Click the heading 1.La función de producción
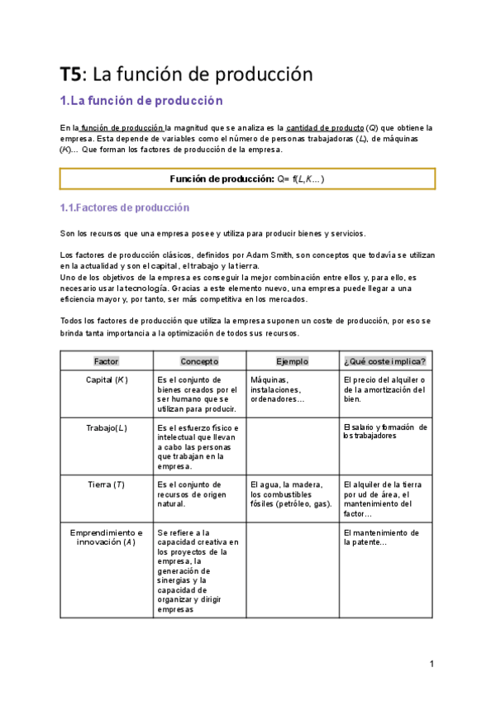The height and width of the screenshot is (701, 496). (x=142, y=101)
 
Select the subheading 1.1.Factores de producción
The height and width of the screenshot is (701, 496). (x=125, y=207)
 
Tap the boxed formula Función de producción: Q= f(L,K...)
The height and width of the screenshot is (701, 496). (x=247, y=179)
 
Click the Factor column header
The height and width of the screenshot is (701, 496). (x=107, y=361)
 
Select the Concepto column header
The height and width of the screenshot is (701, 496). (x=199, y=361)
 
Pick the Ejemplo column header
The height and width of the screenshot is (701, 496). (x=292, y=361)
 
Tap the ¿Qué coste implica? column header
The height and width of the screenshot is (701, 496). (x=384, y=361)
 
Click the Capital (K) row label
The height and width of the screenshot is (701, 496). (x=107, y=379)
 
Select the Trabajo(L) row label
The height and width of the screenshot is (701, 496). (x=107, y=427)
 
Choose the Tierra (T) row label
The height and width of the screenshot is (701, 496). (x=107, y=484)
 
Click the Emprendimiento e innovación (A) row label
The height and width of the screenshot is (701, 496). (x=107, y=537)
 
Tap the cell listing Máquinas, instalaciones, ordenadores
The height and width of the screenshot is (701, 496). (x=282, y=389)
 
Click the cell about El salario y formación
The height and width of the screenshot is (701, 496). (x=384, y=432)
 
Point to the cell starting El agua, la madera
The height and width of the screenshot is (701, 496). (x=291, y=494)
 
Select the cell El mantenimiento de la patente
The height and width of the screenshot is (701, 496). (x=380, y=537)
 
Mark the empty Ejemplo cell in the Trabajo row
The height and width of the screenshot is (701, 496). (x=292, y=446)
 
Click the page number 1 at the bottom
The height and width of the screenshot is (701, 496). (x=432, y=664)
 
